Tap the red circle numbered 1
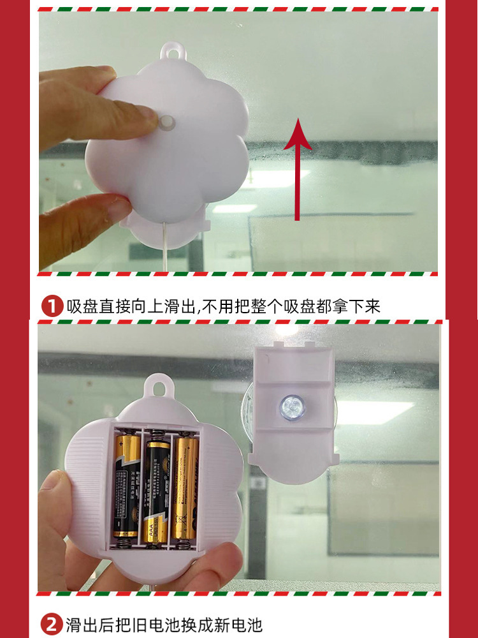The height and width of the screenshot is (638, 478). [x=52, y=306]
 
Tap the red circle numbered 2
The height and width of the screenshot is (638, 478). [x=52, y=623]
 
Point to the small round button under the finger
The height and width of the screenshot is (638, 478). [x=168, y=123]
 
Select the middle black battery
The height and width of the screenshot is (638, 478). [x=156, y=491]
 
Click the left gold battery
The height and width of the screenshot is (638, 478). [x=127, y=485]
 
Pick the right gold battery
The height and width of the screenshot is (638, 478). [x=186, y=488]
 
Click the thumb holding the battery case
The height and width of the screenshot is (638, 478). [x=54, y=504]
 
